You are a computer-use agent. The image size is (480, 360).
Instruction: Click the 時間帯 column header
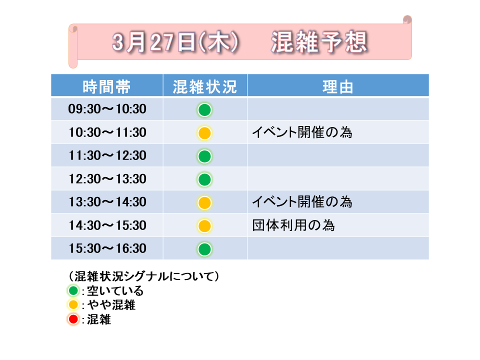(x=106, y=86)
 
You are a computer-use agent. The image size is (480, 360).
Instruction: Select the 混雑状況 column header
(x=205, y=86)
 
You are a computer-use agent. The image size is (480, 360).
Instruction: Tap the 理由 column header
(x=338, y=86)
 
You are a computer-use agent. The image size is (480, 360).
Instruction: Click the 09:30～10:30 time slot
(x=107, y=109)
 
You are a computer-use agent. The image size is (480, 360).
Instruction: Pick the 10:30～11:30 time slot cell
(x=107, y=132)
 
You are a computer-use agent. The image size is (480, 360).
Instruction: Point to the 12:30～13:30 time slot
(x=107, y=179)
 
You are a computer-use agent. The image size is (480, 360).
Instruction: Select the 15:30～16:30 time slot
(x=107, y=248)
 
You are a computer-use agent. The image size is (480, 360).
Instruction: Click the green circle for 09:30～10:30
(x=204, y=110)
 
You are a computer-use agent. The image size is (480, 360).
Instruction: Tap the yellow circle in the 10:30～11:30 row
(x=204, y=133)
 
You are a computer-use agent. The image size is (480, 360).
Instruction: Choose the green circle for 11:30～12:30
(x=204, y=156)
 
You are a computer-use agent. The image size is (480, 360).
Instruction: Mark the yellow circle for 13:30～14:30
(x=204, y=202)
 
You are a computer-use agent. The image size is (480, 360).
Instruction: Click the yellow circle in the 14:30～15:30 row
(x=204, y=226)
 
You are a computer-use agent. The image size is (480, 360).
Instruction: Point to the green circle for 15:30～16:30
(x=204, y=249)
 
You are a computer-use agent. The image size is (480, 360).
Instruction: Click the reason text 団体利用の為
(x=293, y=225)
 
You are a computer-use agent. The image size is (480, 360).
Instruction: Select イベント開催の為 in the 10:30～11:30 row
(x=302, y=132)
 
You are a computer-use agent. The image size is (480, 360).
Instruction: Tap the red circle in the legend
(x=73, y=319)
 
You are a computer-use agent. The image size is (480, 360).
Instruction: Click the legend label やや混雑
(x=111, y=305)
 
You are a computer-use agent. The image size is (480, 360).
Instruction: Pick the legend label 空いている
(x=115, y=290)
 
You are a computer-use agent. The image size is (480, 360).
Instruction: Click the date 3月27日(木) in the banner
(x=175, y=42)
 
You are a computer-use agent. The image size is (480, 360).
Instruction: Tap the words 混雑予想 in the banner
(x=319, y=42)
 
